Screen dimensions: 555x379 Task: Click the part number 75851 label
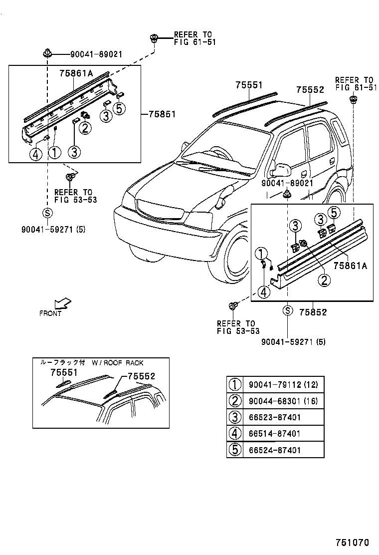click(162, 114)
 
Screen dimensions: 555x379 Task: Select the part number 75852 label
click(313, 312)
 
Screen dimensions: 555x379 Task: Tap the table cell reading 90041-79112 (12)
click(283, 385)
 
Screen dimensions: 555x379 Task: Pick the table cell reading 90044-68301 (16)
click(283, 401)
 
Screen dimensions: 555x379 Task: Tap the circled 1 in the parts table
click(234, 385)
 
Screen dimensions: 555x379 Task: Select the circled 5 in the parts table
click(234, 450)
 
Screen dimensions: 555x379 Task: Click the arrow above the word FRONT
click(63, 303)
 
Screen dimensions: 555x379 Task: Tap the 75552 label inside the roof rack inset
click(141, 377)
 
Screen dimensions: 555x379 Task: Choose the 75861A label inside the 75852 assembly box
click(350, 266)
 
